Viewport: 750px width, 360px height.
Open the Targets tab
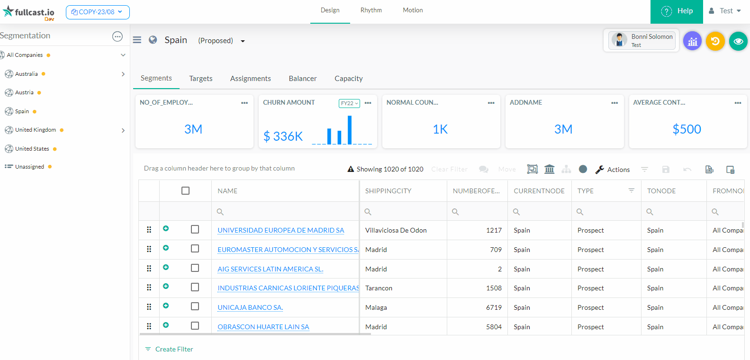[200, 79]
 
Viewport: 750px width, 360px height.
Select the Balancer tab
[302, 79]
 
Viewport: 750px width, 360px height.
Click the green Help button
[677, 11]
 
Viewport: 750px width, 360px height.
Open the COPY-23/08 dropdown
[98, 12]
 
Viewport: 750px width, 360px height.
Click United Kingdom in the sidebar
[36, 130]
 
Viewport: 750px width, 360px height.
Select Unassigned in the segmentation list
[29, 167]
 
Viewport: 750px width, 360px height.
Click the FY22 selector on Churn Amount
[349, 103]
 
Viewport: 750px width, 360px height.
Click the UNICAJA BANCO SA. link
[250, 307]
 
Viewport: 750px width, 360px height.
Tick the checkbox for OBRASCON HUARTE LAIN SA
[195, 326]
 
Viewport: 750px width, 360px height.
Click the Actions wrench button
[613, 170]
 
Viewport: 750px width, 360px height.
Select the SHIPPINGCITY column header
[388, 191]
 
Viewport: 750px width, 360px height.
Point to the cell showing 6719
[494, 307]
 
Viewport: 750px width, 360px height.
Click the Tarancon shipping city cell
[379, 288]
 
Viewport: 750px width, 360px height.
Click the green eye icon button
[738, 41]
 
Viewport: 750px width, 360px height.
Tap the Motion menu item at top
[413, 10]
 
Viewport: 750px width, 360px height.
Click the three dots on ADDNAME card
[614, 103]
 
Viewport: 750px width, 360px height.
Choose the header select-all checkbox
[185, 190]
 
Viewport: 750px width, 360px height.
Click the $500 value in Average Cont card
[687, 129]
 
